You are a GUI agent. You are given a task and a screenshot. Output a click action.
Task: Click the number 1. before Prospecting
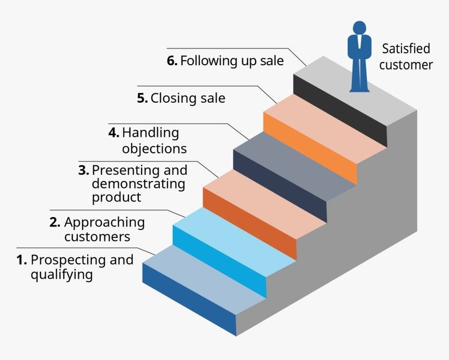22,260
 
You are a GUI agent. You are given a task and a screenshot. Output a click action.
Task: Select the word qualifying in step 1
61,275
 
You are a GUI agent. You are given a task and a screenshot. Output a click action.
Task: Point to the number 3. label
83,170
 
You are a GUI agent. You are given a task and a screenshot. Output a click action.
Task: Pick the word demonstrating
138,184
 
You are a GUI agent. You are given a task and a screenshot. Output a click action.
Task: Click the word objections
154,148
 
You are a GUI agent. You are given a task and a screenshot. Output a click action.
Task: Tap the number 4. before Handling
114,133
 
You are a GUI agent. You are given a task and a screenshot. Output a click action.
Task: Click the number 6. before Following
172,60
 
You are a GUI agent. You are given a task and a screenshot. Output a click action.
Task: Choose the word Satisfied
406,49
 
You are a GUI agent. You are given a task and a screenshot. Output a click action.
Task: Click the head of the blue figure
359,28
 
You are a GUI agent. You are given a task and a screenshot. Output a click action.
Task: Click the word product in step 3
116,197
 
